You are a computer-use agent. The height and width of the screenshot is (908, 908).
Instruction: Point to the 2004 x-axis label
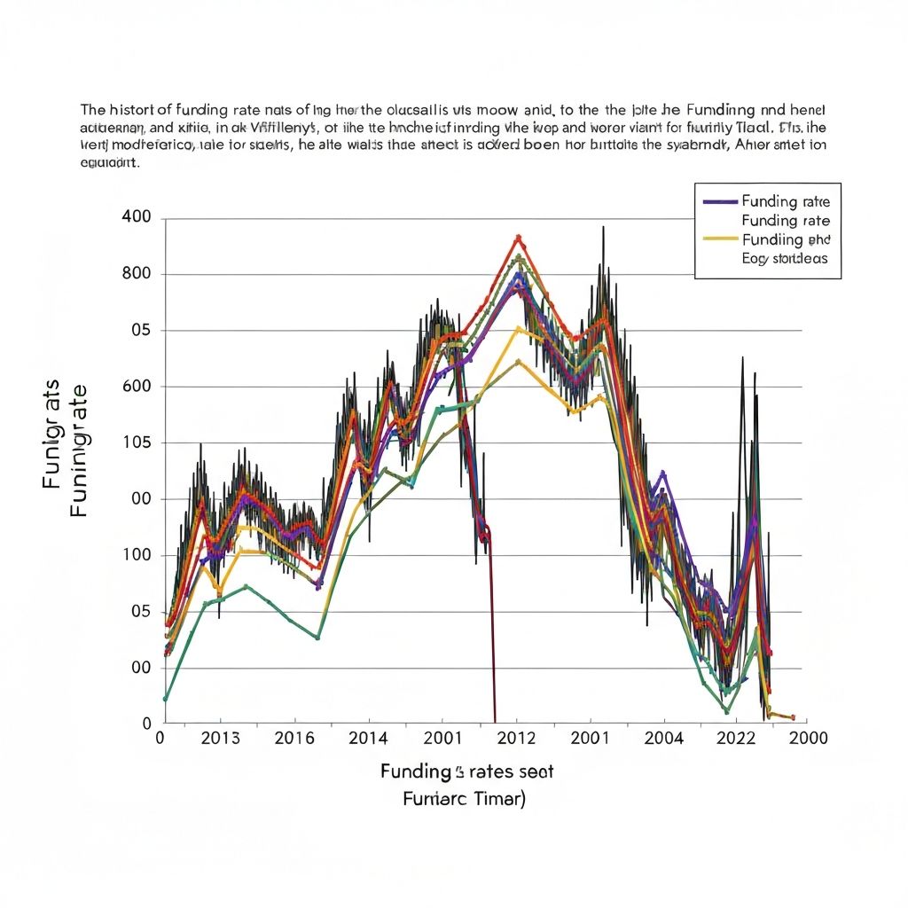coord(664,738)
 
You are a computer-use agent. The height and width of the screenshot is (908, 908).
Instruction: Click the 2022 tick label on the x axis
coord(735,738)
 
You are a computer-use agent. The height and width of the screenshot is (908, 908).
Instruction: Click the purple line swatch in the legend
coord(719,201)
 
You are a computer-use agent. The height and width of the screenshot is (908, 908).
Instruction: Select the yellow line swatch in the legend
coord(719,239)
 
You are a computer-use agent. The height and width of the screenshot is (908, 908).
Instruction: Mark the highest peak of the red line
coord(519,237)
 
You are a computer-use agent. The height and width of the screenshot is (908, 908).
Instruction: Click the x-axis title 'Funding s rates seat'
coord(466,771)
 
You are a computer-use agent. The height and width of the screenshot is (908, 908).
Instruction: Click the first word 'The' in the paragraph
coord(92,111)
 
